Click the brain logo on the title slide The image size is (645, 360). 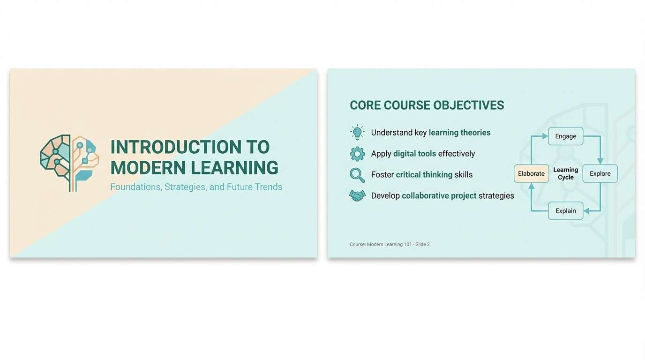pyautogui.click(x=69, y=163)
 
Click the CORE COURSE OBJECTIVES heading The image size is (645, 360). pyautogui.click(x=427, y=105)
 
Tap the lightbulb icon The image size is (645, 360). pyautogui.click(x=357, y=133)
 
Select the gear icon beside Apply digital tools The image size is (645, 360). pyautogui.click(x=357, y=154)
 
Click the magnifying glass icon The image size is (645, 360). pyautogui.click(x=357, y=175)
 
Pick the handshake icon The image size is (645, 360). pyautogui.click(x=357, y=196)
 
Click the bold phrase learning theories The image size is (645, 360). pyautogui.click(x=459, y=133)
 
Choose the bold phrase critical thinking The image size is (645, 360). pyautogui.click(x=424, y=175)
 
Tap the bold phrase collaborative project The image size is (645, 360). pyautogui.click(x=439, y=196)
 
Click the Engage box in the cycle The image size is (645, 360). pyautogui.click(x=566, y=136)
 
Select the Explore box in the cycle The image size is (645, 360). pyautogui.click(x=600, y=173)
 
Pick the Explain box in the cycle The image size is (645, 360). pyautogui.click(x=566, y=211)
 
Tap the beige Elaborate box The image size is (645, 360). pyautogui.click(x=531, y=173)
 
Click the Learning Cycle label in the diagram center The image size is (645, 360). pyautogui.click(x=566, y=173)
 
